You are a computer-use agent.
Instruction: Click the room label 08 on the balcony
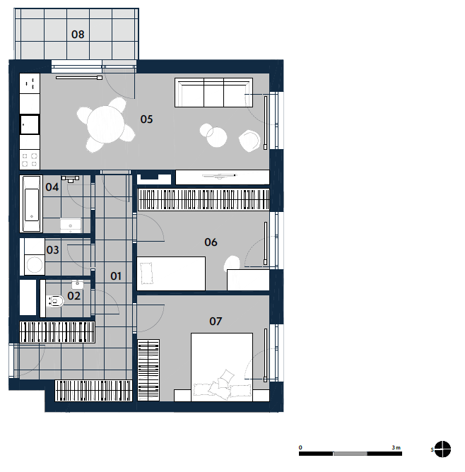click(78, 35)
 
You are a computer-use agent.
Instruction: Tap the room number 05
click(146, 119)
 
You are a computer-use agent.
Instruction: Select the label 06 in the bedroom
click(211, 242)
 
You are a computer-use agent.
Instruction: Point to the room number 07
click(216, 321)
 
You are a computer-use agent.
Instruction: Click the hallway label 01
click(116, 276)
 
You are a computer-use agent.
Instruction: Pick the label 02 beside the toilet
click(73, 296)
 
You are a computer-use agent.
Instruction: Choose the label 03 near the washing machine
click(53, 250)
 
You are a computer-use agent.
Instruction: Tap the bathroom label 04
click(52, 187)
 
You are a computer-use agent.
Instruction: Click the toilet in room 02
click(56, 301)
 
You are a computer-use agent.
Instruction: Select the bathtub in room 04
click(31, 203)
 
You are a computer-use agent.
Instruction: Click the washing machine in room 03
click(35, 265)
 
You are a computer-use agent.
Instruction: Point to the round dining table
click(105, 124)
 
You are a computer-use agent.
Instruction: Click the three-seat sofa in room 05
click(213, 93)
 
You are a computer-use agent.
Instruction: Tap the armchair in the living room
click(249, 141)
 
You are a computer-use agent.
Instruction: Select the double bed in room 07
click(222, 367)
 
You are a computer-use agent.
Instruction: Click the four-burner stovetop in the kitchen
click(30, 160)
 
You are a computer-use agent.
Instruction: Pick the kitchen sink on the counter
click(30, 124)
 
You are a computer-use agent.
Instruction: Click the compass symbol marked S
click(442, 449)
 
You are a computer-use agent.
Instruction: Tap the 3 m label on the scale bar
click(396, 447)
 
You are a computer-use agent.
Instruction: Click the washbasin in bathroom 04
click(71, 226)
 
